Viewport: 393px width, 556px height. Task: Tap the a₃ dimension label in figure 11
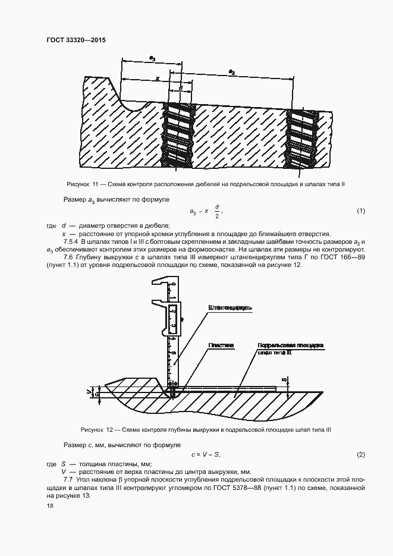pos(153,58)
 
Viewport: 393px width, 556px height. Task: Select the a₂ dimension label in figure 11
pos(232,71)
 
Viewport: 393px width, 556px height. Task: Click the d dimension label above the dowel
pos(180,87)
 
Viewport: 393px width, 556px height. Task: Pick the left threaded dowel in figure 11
pos(180,135)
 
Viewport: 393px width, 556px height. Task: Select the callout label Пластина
pos(221,345)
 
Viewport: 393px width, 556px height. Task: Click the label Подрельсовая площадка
pos(290,345)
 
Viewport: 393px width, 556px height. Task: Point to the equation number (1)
pos(360,211)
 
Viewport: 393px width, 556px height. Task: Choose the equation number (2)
pos(360,455)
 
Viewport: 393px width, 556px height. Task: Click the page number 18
pos(50,505)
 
